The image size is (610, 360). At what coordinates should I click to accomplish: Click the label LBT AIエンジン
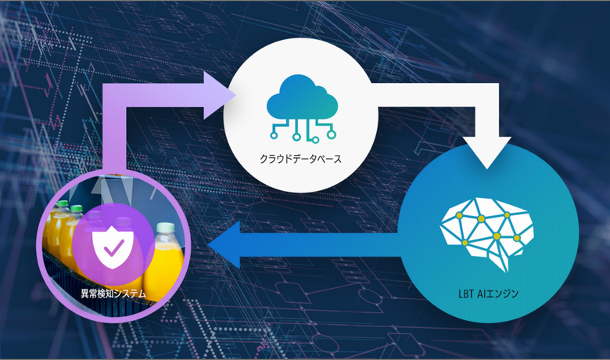click(488, 295)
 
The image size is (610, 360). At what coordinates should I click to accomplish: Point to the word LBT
click(467, 295)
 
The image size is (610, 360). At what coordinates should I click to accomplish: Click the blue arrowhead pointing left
click(222, 243)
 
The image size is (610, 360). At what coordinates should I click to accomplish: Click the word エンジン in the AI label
click(504, 295)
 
